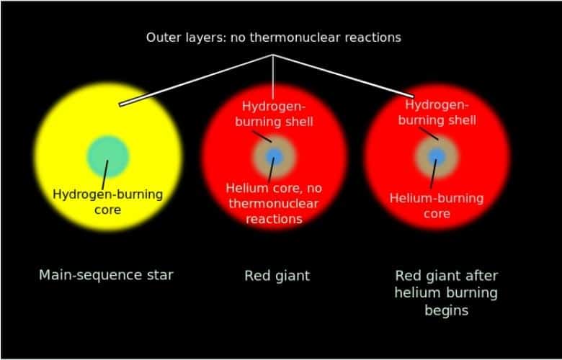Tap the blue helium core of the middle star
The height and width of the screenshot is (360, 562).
pos(273,156)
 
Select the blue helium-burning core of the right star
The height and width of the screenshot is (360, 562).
pos(436,156)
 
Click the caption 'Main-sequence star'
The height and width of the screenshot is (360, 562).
pos(106,275)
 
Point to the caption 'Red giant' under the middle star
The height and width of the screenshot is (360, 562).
pos(277,275)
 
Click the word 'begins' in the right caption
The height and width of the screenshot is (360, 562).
pos(447,310)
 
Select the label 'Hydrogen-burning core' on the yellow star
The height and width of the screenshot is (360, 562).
pos(108,202)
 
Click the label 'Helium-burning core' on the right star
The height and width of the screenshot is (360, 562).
pos(437,205)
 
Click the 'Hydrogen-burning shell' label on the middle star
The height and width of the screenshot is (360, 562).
pos(274,114)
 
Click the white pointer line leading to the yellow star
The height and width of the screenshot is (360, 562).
pos(195,80)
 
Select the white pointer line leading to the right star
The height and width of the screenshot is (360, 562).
pos(346,76)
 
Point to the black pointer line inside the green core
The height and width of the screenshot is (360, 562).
pos(106,170)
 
